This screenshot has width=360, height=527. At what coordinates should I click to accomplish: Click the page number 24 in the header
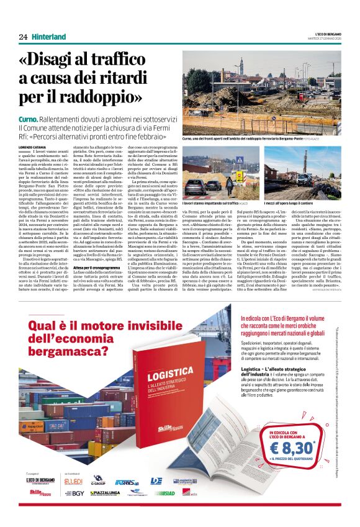23,37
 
